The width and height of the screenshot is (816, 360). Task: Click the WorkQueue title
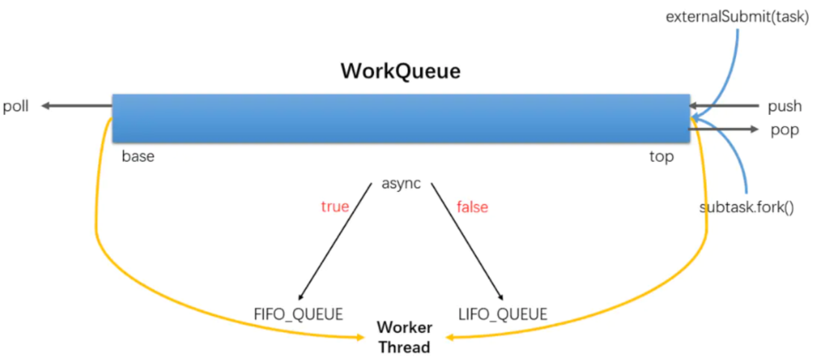click(400, 71)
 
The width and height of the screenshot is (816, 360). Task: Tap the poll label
click(16, 107)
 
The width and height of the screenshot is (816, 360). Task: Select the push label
click(784, 107)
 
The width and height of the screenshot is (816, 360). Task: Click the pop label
click(785, 130)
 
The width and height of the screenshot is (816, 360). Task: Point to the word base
click(138, 157)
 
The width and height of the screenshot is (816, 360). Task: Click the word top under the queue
click(662, 157)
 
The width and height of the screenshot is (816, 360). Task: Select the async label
click(401, 183)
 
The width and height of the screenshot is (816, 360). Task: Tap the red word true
click(335, 207)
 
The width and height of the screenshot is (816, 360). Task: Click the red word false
click(472, 207)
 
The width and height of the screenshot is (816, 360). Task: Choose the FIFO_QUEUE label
click(299, 314)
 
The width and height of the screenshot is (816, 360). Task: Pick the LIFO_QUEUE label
click(503, 314)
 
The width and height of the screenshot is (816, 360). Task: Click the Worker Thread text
click(405, 338)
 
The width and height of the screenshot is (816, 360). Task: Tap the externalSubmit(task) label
click(737, 17)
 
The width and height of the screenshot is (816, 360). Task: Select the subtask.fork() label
click(747, 208)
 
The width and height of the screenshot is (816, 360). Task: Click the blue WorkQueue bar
click(400, 118)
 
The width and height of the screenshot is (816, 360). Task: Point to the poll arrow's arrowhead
click(45, 106)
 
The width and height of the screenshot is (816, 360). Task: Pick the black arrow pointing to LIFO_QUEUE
click(467, 241)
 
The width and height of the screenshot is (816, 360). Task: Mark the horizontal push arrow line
click(727, 106)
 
